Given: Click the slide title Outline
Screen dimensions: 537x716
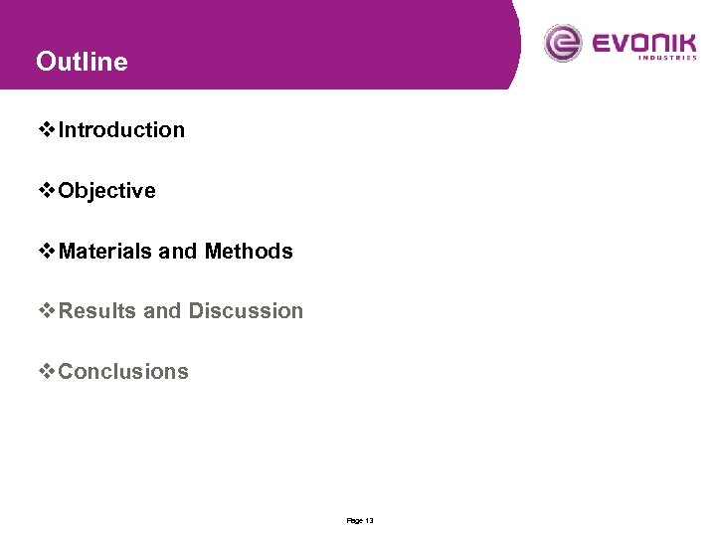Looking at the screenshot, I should (x=82, y=62).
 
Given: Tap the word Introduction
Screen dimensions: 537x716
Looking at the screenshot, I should (x=121, y=130).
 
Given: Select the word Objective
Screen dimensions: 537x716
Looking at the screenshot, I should (x=107, y=191).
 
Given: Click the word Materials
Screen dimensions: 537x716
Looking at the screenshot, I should (x=105, y=252).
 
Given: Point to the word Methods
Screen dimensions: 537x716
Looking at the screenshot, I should (x=249, y=252).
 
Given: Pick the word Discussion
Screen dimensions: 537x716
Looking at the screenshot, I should (x=246, y=311).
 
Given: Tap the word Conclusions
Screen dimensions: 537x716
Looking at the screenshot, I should (x=123, y=372).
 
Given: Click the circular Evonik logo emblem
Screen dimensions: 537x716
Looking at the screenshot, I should (x=564, y=44).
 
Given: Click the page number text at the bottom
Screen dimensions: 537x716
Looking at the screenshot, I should (x=359, y=521).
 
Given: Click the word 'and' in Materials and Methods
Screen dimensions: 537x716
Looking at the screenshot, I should (x=178, y=252).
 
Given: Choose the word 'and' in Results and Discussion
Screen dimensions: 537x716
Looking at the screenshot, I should (x=163, y=311).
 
